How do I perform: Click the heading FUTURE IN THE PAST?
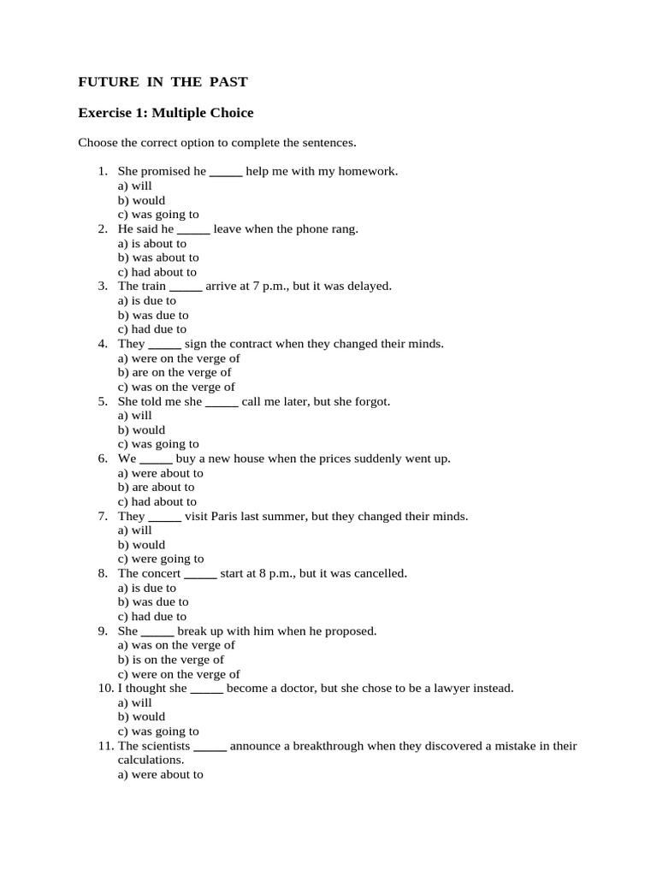163,82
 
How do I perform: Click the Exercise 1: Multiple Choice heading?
166,113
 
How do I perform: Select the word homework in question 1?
369,171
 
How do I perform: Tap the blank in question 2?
193,229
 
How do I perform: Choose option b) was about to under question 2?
158,257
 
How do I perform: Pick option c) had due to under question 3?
152,329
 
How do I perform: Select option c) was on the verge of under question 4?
176,387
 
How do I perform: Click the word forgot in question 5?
372,401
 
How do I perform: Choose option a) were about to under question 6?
161,473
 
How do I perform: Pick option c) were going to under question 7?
161,559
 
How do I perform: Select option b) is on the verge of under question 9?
171,660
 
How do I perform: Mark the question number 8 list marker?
102,573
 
